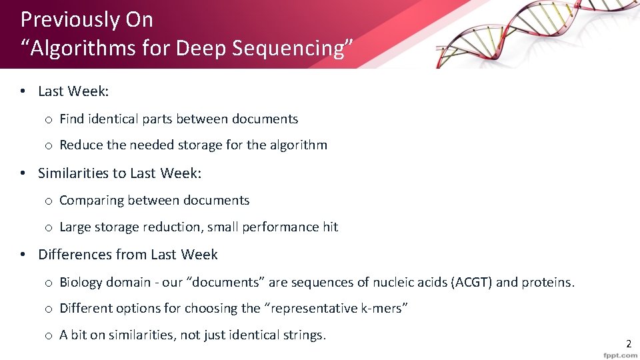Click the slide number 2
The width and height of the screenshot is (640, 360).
628,344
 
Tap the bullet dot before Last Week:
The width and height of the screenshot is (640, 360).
23,91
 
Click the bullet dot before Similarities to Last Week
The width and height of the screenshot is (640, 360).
23,173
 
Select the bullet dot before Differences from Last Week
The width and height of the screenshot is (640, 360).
23,255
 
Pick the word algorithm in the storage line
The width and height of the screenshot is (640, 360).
298,145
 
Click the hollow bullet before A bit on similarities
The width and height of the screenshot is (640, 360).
49,335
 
